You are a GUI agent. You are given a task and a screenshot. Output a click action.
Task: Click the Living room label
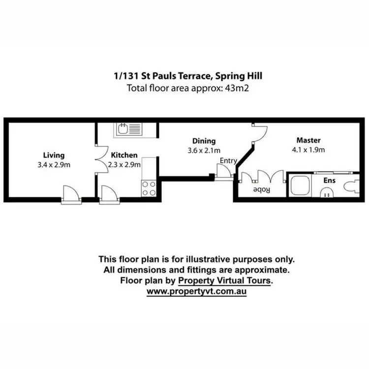(x=54, y=155)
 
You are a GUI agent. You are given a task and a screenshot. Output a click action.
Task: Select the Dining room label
(x=204, y=141)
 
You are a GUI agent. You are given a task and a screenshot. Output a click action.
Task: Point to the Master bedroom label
(x=308, y=140)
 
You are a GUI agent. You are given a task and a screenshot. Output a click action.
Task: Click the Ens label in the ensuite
(x=329, y=181)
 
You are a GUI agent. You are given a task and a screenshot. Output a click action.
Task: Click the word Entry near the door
(x=228, y=160)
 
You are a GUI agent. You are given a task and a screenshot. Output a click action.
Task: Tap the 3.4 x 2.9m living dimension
(x=54, y=164)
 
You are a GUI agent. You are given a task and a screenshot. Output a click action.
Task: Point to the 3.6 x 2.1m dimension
(x=204, y=150)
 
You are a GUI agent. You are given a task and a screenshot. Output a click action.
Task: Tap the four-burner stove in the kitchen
(x=149, y=188)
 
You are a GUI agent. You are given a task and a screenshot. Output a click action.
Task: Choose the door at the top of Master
(x=258, y=132)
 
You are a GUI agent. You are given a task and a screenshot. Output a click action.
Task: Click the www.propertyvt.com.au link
(x=197, y=291)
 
